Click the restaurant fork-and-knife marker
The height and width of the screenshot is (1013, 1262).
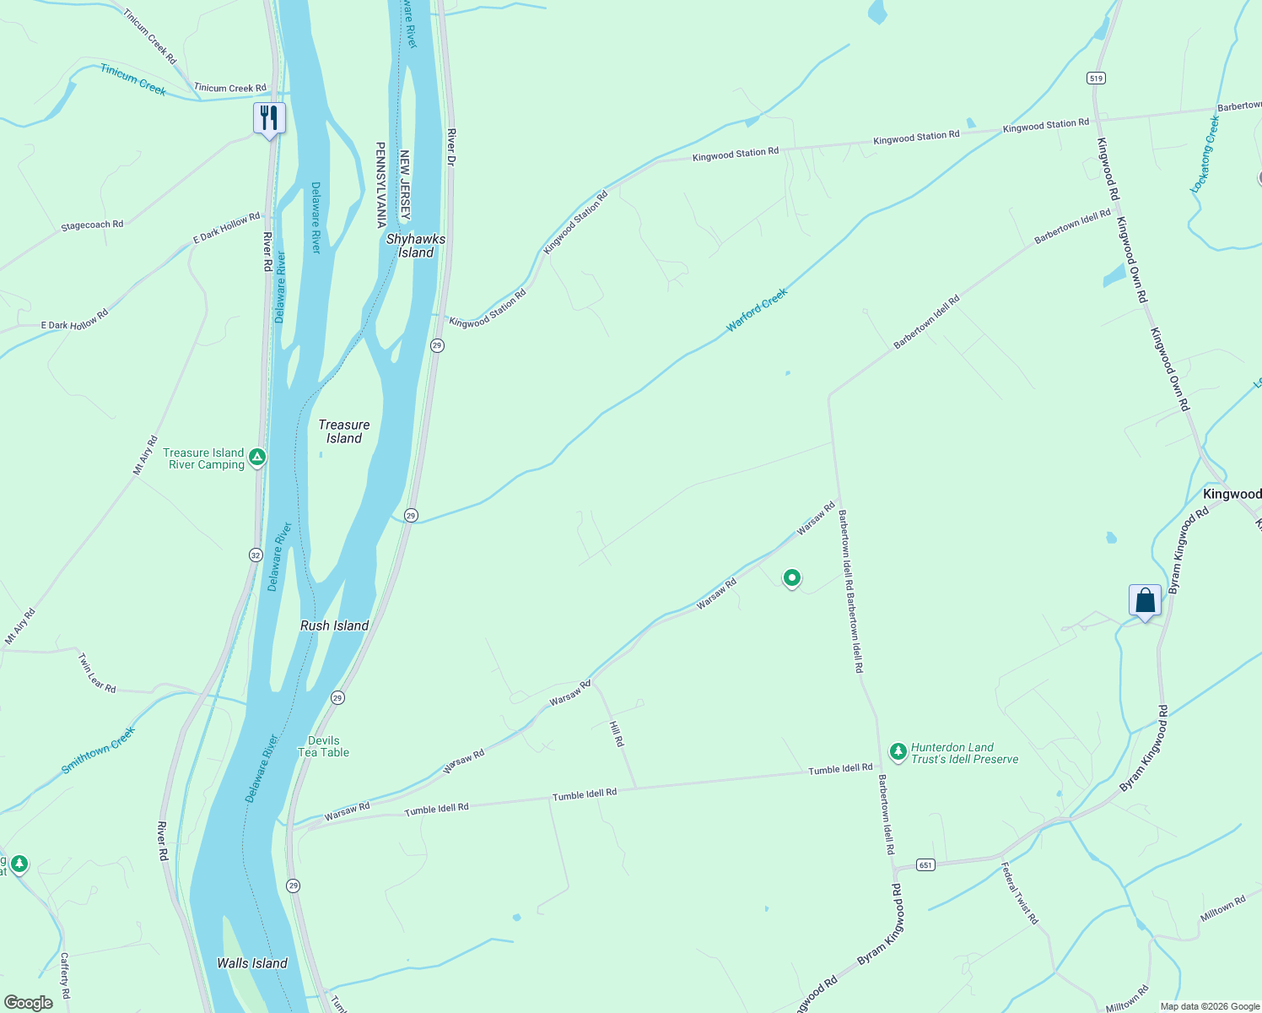[x=269, y=118]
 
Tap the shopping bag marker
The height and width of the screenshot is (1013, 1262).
[x=1145, y=600]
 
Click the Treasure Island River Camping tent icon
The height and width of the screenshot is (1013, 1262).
[x=257, y=458]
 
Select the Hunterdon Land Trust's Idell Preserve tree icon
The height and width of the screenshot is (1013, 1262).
[x=898, y=750]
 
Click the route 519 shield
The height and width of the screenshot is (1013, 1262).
[x=1096, y=79]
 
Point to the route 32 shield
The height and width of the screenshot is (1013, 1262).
[x=256, y=555]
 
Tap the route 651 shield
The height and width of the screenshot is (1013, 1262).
[x=926, y=865]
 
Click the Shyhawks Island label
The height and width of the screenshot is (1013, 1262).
[x=416, y=246]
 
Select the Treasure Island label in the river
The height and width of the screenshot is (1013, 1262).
[x=344, y=431]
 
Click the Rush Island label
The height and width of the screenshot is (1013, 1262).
[x=335, y=626]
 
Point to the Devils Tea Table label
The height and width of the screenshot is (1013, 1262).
[x=323, y=746]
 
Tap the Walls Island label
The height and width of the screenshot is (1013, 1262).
[x=252, y=963]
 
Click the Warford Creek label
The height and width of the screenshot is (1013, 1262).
[x=757, y=310]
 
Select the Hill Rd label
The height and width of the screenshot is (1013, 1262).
[x=618, y=734]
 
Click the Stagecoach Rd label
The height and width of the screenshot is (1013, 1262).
[x=92, y=225]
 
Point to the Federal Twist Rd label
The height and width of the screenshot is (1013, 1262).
[x=1020, y=892]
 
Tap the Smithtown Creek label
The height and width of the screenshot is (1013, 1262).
[x=98, y=750]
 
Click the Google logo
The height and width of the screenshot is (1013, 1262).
[x=28, y=1003]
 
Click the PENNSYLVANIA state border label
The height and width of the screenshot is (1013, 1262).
[x=380, y=185]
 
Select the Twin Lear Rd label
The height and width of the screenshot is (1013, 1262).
[x=97, y=673]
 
